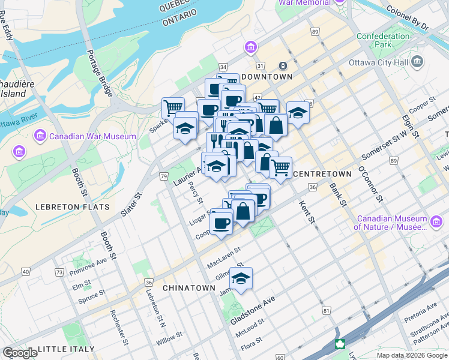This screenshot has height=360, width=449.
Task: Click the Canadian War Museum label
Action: click(x=92, y=136)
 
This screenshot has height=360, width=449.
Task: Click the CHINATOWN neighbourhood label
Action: click(x=188, y=288)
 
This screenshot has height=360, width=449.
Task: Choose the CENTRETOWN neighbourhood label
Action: click(x=322, y=174)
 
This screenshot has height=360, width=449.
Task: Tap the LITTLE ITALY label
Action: click(x=66, y=349)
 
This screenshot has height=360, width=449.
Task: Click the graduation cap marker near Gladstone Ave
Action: click(x=241, y=278)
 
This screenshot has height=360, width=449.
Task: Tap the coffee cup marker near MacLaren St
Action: click(x=221, y=223)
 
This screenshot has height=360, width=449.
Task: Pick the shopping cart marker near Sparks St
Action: click(x=173, y=107)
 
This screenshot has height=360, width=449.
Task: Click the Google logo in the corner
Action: click(x=20, y=353)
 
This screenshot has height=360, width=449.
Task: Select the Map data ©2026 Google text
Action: click(x=412, y=355)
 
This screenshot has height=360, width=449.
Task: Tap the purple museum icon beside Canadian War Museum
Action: click(x=40, y=136)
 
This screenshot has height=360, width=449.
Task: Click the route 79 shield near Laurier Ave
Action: click(x=163, y=176)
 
